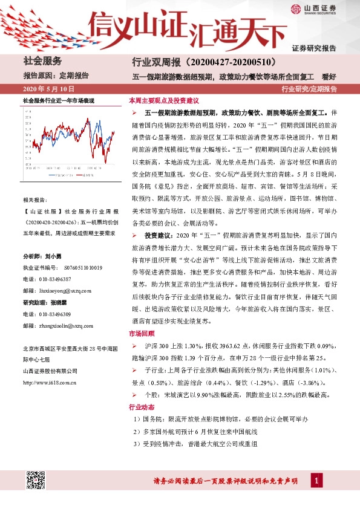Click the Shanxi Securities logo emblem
(295, 8)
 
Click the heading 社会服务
(42, 61)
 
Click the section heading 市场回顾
(142, 333)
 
